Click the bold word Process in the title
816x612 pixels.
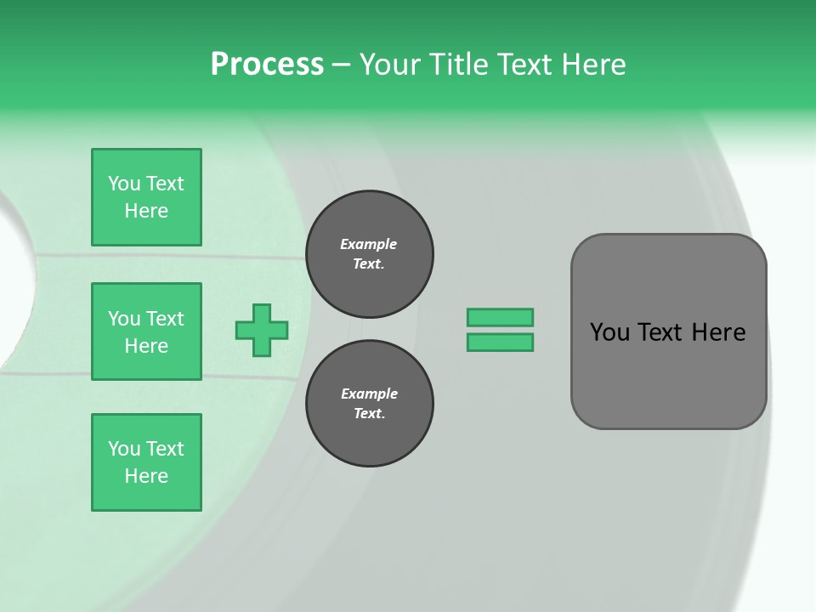(267, 65)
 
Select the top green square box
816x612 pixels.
(146, 197)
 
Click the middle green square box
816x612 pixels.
(146, 331)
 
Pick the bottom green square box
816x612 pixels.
(146, 462)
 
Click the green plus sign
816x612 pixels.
(262, 330)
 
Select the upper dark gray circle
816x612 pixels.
(370, 254)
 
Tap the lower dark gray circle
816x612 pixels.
(370, 404)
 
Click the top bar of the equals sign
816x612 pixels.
(500, 318)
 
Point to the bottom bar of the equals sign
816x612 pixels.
(500, 343)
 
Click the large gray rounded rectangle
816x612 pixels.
(668, 331)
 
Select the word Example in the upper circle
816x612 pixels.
(369, 244)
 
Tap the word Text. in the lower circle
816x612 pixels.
(369, 414)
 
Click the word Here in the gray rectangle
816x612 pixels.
(718, 332)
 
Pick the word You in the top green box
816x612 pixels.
(124, 184)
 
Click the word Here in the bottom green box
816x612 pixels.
(146, 476)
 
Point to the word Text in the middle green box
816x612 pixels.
(164, 319)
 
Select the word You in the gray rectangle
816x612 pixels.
(609, 332)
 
